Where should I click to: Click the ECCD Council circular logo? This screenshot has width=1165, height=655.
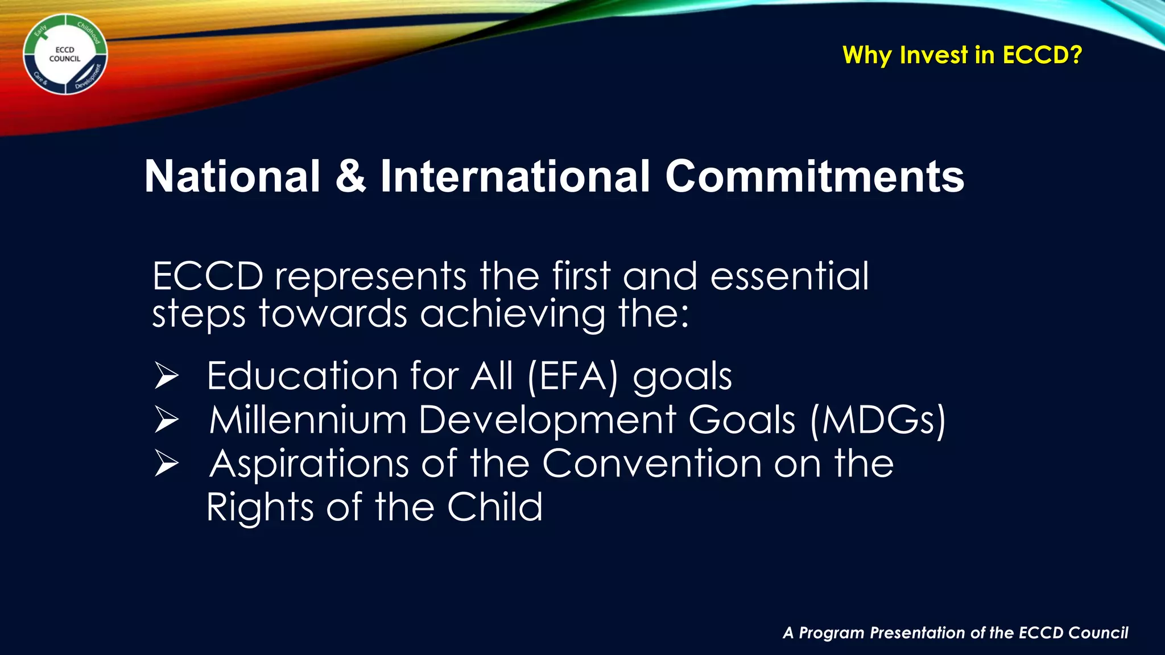pyautogui.click(x=65, y=55)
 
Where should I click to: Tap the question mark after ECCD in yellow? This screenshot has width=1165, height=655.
pyautogui.click(x=1075, y=55)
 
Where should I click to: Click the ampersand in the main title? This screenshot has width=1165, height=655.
pyautogui.click(x=350, y=176)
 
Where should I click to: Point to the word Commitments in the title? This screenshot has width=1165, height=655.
pyautogui.click(x=815, y=176)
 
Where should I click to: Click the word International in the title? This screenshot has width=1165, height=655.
pyautogui.click(x=515, y=176)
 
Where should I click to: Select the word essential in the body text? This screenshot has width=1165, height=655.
pyautogui.click(x=790, y=276)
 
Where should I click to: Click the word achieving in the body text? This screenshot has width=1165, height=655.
pyautogui.click(x=513, y=314)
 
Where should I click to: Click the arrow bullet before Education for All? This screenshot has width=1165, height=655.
pyautogui.click(x=167, y=376)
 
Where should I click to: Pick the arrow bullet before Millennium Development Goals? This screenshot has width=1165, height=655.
pyautogui.click(x=167, y=421)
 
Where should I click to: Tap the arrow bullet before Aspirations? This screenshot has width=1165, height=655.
pyautogui.click(x=167, y=465)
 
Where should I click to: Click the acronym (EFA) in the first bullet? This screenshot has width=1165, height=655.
pyautogui.click(x=572, y=376)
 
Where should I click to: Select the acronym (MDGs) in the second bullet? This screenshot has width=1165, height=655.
pyautogui.click(x=877, y=421)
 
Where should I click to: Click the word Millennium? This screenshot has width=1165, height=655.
pyautogui.click(x=308, y=421)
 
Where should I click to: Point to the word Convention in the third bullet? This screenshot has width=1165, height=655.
pyautogui.click(x=652, y=464)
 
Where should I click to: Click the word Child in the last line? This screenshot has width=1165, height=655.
pyautogui.click(x=494, y=507)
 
